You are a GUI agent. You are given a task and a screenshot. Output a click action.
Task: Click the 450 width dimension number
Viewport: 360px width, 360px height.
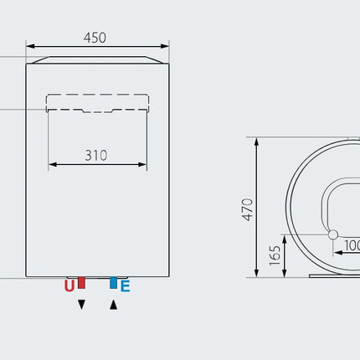click(x=95, y=38)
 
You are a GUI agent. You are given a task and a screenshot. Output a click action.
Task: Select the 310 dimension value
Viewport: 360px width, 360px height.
click(x=96, y=156)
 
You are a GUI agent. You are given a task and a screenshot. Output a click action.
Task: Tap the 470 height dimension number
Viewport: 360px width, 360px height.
click(x=247, y=210)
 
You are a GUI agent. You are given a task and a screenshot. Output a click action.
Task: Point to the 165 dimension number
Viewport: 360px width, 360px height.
click(x=275, y=255)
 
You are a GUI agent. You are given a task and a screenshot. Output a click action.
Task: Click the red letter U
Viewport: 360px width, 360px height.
click(x=69, y=285)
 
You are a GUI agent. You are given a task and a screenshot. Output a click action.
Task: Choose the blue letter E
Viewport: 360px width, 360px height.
click(x=126, y=286)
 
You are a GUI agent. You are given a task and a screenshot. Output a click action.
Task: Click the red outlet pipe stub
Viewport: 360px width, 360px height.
click(x=81, y=283)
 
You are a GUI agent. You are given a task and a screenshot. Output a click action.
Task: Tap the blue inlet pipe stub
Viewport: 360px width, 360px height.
click(x=113, y=283)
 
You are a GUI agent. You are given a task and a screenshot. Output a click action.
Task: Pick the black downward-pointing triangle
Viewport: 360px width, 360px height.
click(x=81, y=305)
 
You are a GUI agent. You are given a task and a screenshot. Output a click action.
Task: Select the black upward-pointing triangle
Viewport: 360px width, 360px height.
click(x=113, y=305)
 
